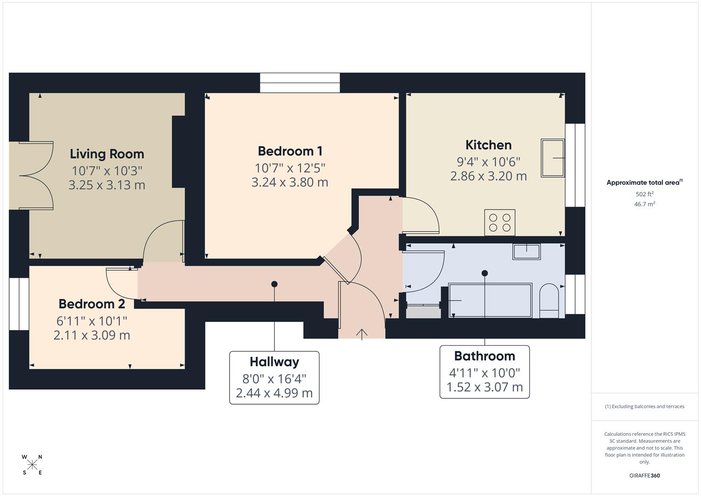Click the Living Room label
[x=107, y=154]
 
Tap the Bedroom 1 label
[x=290, y=151]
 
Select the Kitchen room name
[x=488, y=145]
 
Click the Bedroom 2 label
[x=92, y=304]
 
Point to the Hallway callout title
[x=274, y=362]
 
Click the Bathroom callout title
[x=484, y=356]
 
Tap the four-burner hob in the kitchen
[x=499, y=222]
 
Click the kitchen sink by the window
[x=552, y=158]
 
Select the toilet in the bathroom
[x=549, y=301]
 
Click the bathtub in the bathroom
[x=490, y=300]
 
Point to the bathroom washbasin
[x=527, y=251]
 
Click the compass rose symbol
[x=32, y=465]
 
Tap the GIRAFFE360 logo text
[x=644, y=475]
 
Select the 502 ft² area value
[x=644, y=194]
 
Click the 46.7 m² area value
[x=644, y=204]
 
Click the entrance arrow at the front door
[x=362, y=334]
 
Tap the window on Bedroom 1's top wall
[x=300, y=83]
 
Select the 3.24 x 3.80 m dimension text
[x=290, y=182]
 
